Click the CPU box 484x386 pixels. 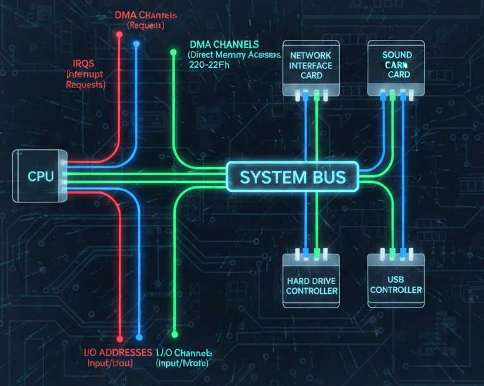[x=38, y=176]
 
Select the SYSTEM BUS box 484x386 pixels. [x=293, y=176]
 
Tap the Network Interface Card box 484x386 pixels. [x=310, y=66]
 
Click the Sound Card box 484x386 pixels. [x=397, y=65]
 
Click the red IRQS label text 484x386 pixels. [x=86, y=65]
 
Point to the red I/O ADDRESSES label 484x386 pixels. [x=118, y=352]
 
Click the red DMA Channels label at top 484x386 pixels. [x=146, y=15]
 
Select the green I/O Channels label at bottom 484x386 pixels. [x=184, y=352]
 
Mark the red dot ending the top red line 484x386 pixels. [x=119, y=34]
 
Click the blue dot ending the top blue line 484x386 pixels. [x=136, y=44]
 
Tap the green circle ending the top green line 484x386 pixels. [x=173, y=53]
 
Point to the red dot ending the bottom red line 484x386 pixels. [x=120, y=338]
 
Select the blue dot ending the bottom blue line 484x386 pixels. [x=139, y=338]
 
